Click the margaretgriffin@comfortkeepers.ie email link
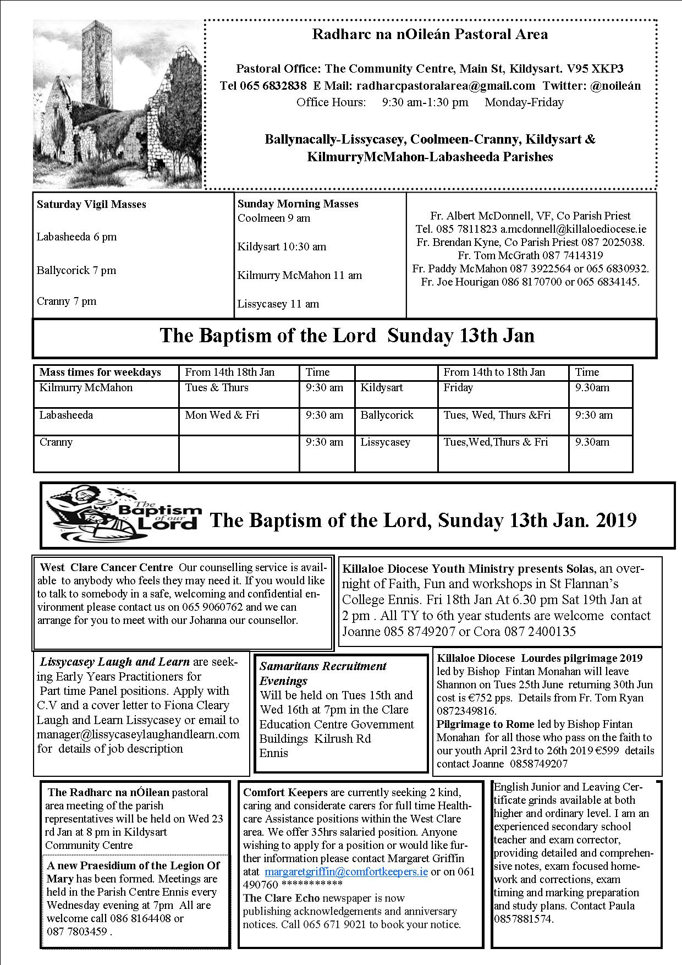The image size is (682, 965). pyautogui.click(x=346, y=871)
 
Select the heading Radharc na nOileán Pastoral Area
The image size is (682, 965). pyautogui.click(x=430, y=35)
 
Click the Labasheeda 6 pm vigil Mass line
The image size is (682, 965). pyautogui.click(x=76, y=237)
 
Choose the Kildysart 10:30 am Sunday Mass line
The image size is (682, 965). pyautogui.click(x=282, y=247)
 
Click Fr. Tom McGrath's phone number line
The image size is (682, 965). pyautogui.click(x=530, y=255)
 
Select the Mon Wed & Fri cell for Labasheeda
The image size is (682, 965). pyautogui.click(x=222, y=415)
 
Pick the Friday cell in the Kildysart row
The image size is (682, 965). pyautogui.click(x=458, y=388)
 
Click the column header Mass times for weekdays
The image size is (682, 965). pyautogui.click(x=100, y=372)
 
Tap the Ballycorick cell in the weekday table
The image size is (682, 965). pyautogui.click(x=387, y=415)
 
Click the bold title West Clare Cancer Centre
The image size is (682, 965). pyautogui.click(x=107, y=568)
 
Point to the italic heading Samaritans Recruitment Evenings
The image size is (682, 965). pyautogui.click(x=323, y=673)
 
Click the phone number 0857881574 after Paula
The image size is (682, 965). pyautogui.click(x=523, y=919)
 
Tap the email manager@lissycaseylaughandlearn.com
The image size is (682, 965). pyautogui.click(x=138, y=734)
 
